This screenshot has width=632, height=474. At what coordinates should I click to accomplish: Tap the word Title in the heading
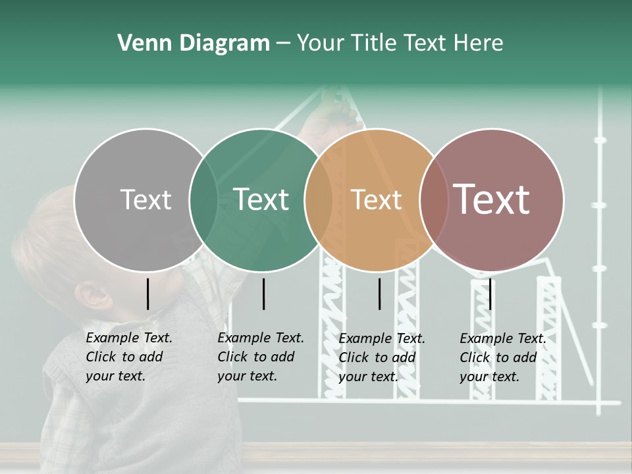[x=373, y=43]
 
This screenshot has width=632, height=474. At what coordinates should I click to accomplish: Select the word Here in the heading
[x=479, y=43]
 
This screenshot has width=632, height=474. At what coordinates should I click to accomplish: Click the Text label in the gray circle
[x=145, y=199]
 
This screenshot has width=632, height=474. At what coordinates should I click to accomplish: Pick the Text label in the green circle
[x=261, y=199]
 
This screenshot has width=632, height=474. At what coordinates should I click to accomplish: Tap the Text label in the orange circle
[x=376, y=199]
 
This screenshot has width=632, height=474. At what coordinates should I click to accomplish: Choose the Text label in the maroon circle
[x=492, y=199]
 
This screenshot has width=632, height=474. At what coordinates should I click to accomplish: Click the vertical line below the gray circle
[x=148, y=294]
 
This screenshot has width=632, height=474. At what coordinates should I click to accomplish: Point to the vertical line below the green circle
[x=263, y=294]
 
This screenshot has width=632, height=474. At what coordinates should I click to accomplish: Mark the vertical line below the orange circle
[x=380, y=294]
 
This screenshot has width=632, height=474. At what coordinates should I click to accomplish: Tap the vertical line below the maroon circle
[x=490, y=294]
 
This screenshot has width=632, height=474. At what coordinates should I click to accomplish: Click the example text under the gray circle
[x=128, y=357]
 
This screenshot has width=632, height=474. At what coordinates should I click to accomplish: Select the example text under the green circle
[x=260, y=357]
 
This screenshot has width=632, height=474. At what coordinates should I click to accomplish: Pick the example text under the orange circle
[x=381, y=357]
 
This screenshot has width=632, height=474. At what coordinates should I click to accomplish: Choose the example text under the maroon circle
[x=502, y=357]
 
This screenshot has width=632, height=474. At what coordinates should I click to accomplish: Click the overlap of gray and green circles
[x=203, y=199]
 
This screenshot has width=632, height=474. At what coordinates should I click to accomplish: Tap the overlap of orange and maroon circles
[x=432, y=199]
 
